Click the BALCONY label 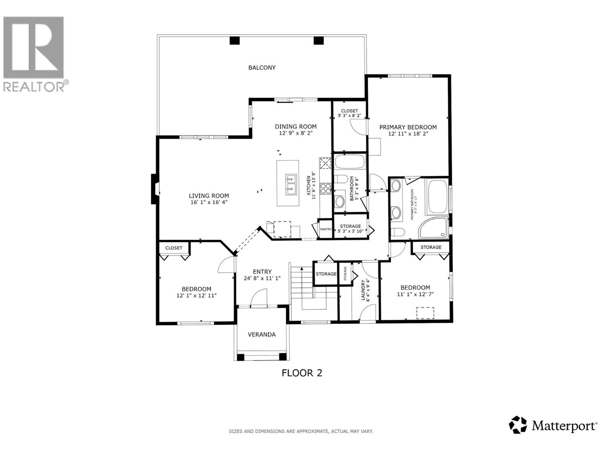point(262,68)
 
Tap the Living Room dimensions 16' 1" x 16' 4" point(209,202)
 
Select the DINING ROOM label point(296,126)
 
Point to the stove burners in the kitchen point(325,188)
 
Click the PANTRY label point(325,229)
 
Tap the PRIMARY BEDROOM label point(408,127)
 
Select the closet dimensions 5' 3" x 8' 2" point(350,116)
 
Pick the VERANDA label point(262,334)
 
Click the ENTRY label point(262,271)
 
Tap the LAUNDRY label point(364,290)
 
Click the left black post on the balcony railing point(234,40)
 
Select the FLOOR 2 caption point(302,373)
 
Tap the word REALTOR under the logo point(34,87)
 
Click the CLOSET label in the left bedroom point(174,248)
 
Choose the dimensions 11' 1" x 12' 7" point(415,294)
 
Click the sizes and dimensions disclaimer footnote point(301,431)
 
